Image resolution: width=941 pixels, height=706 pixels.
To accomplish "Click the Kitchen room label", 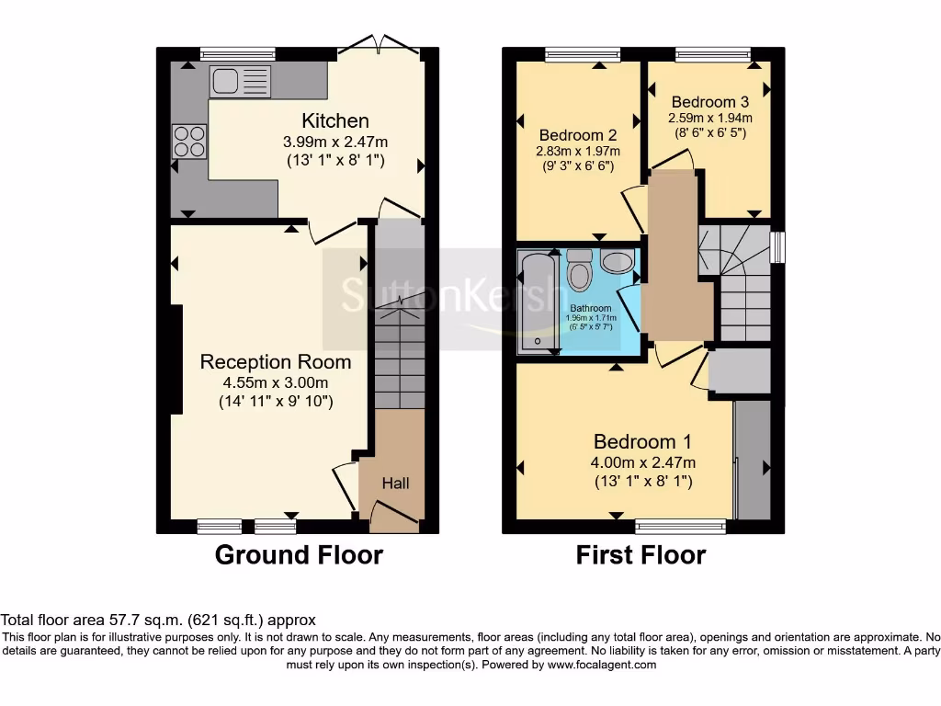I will click(335, 120).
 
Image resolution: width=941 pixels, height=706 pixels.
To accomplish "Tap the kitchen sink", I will click(240, 82).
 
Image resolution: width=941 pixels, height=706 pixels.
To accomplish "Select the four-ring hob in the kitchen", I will click(189, 141).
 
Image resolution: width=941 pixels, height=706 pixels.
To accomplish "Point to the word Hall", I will click(396, 483).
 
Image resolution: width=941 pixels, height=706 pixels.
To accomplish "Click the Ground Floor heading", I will click(299, 554).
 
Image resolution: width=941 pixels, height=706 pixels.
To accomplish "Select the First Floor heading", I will click(641, 554).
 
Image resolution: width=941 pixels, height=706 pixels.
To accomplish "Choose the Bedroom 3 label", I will click(709, 101).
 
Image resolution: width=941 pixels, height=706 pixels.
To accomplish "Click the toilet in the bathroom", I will click(580, 271).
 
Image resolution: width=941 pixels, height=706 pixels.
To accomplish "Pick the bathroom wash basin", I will click(617, 262).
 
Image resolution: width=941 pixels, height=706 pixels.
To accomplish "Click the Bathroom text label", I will click(590, 308).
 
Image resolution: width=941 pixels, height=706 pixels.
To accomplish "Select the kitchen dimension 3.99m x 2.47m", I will click(335, 142).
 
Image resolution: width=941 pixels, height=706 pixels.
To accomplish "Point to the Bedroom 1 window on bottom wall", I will click(681, 526).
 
